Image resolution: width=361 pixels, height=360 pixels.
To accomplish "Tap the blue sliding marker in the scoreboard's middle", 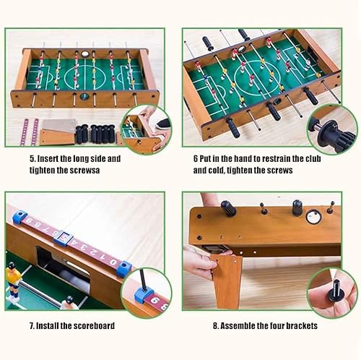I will tap(63, 235).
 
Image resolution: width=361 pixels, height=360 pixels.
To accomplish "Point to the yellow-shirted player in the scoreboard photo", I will tap(12, 275).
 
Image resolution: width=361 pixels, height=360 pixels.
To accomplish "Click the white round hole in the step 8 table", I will tap(313, 216).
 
